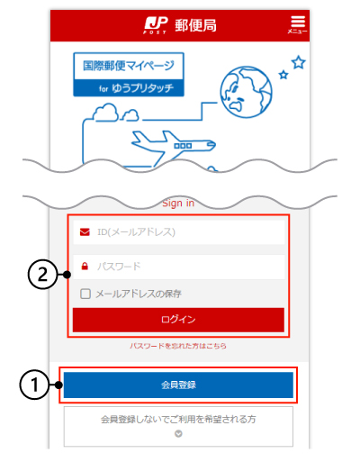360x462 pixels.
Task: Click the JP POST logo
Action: coord(156,25)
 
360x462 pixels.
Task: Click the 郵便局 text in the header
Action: coord(195,25)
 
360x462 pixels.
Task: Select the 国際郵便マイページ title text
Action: coord(129,66)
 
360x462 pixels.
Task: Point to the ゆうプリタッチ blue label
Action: coord(129,88)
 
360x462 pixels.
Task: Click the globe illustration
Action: coord(246,92)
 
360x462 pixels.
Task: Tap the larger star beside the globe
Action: coord(299,62)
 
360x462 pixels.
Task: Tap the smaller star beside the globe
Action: coord(283,74)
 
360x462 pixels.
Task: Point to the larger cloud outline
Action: coord(105,113)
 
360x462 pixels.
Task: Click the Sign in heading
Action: coord(178,204)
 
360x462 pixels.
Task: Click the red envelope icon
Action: coord(85,231)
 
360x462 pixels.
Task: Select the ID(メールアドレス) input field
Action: coord(179,232)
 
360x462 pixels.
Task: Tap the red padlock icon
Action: coord(85,266)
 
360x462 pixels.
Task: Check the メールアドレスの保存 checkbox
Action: coord(85,294)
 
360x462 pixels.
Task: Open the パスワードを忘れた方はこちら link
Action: coord(178,346)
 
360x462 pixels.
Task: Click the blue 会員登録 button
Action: coord(178,385)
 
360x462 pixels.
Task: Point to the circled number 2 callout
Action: coord(42,275)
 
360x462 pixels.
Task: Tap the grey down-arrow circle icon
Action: coord(178,434)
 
